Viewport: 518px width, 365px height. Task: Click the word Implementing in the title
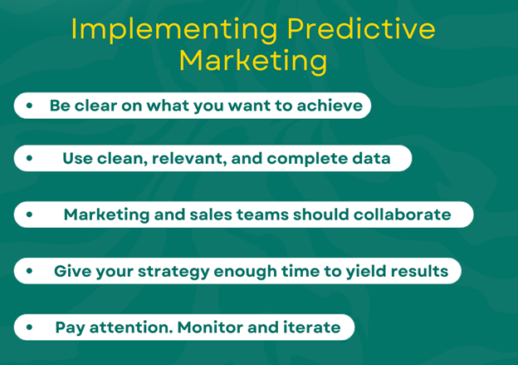coord(174,30)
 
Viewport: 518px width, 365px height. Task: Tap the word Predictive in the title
coord(361,29)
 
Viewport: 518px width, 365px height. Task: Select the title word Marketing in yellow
coord(253,62)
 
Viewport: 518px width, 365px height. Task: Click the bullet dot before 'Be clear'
coord(29,106)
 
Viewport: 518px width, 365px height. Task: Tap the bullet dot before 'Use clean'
coord(29,158)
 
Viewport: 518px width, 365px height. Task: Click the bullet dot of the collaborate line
coord(29,215)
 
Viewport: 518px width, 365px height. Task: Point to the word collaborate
coord(402,215)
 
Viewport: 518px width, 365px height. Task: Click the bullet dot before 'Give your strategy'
coord(29,271)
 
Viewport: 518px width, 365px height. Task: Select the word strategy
coord(173,272)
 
